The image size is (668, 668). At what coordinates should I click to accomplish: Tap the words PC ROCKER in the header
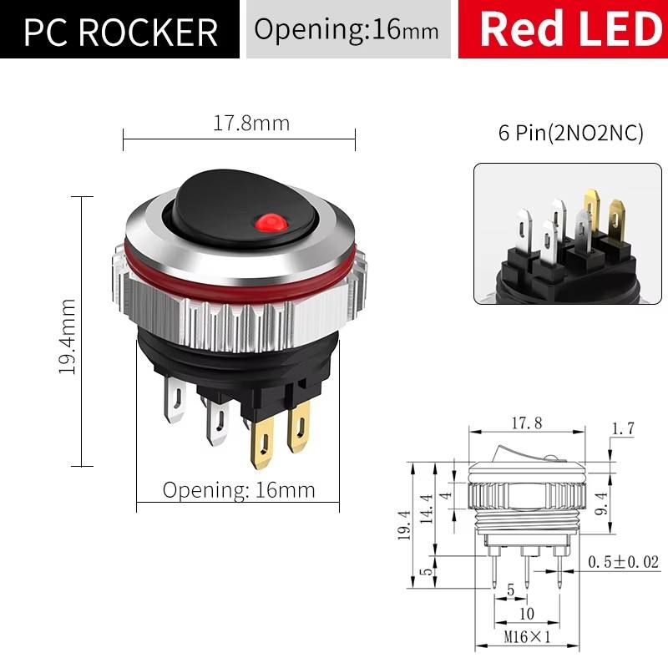point(120,31)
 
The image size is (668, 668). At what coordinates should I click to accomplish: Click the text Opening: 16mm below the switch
point(239,489)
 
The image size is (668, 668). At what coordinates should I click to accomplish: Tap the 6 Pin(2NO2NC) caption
point(571,134)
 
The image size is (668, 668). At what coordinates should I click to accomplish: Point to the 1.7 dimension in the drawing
point(623,428)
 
